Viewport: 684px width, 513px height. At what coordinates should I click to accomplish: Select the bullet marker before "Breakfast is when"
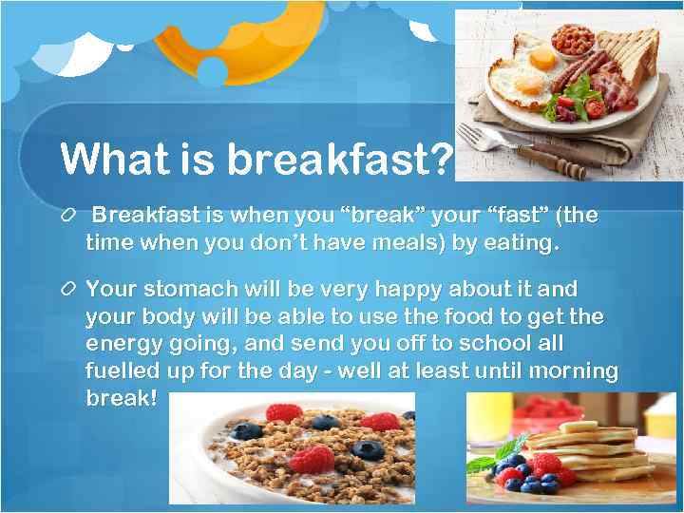[66, 217]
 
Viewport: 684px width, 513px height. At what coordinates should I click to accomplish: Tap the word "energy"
[123, 343]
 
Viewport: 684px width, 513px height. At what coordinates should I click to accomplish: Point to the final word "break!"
[121, 398]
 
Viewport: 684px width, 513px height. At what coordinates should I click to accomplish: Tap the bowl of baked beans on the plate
[572, 39]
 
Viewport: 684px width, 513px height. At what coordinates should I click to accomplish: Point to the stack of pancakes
[589, 450]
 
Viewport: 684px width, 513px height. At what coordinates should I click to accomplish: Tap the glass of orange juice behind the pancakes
[489, 418]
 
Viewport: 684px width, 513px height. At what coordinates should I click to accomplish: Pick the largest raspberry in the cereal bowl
[313, 459]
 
